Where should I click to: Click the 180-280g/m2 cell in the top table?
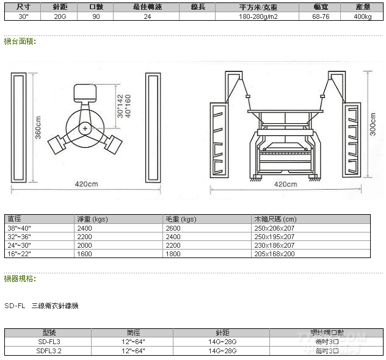(257, 16)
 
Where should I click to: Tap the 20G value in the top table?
(60, 16)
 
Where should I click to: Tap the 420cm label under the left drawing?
(86, 184)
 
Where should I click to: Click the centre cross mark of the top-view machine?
(85, 128)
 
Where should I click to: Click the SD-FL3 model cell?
(49, 342)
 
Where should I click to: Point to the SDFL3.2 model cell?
(49, 351)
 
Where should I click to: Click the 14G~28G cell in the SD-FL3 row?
(222, 342)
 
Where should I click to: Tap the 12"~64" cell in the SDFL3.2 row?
(134, 351)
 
